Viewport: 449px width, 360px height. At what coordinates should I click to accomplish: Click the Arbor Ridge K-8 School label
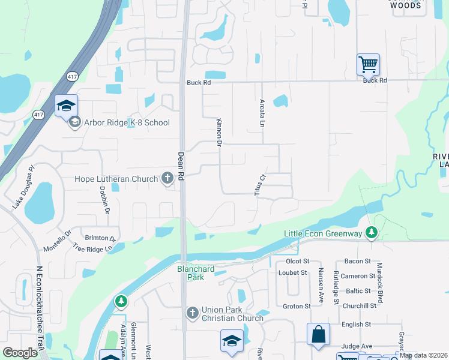tap(127, 123)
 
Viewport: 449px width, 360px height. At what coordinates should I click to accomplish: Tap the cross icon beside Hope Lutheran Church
tap(167, 178)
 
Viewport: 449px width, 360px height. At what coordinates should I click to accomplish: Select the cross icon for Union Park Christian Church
tap(192, 312)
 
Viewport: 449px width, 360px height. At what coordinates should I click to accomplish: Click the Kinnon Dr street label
tap(219, 133)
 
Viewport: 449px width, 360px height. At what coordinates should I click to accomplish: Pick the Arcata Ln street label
tap(262, 113)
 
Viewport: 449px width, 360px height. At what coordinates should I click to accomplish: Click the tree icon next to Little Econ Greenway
tap(372, 232)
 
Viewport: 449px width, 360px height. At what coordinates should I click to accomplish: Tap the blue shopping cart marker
tap(367, 64)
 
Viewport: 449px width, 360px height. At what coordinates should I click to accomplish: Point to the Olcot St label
tap(297, 261)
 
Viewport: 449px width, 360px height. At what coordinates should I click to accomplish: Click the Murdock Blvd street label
tap(379, 281)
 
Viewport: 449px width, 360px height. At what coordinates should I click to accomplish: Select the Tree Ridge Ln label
tap(93, 247)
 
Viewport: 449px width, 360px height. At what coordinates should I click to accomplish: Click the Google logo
tap(20, 353)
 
